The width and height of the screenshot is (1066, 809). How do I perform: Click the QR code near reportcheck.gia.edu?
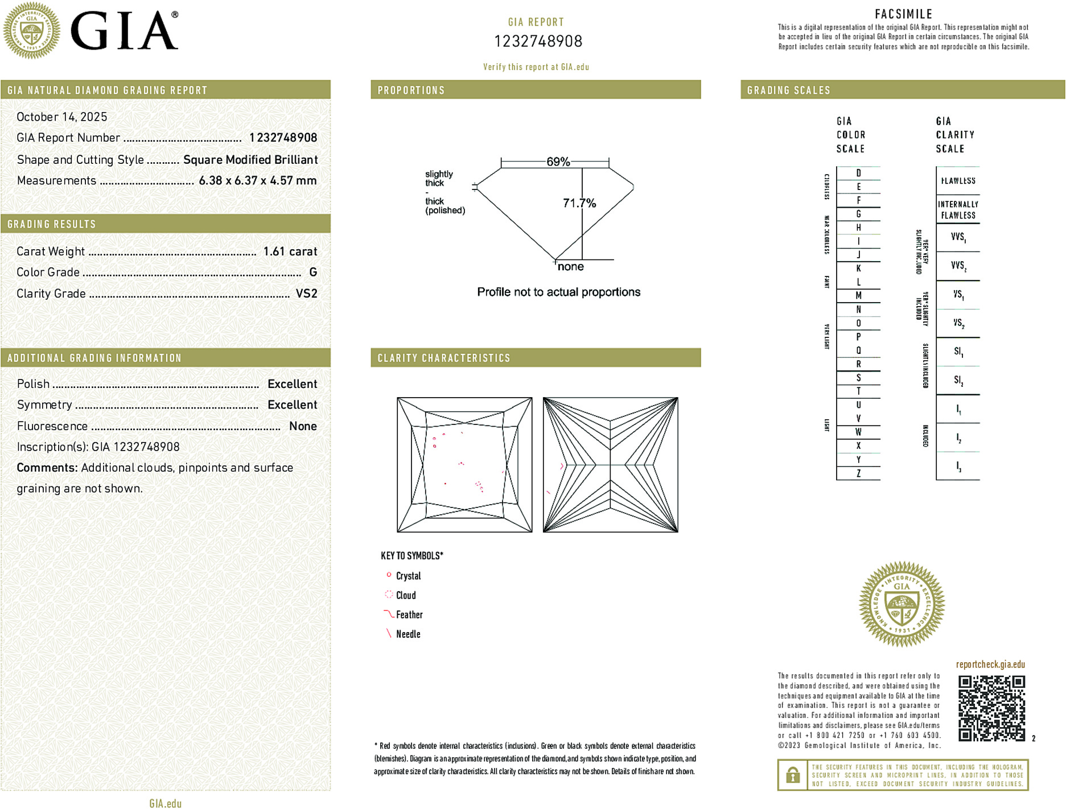click(991, 708)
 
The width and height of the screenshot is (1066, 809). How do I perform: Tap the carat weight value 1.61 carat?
click(290, 251)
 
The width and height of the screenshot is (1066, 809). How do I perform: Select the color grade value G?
click(312, 273)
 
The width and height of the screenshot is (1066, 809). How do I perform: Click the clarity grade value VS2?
click(306, 294)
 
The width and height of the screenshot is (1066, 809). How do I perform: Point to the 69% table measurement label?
click(558, 162)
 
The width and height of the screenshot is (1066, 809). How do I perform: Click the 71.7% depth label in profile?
click(579, 203)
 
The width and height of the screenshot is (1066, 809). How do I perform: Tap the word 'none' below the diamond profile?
click(570, 267)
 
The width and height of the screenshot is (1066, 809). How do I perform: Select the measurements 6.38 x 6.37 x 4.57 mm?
click(257, 181)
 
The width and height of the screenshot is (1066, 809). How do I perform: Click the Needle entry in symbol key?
click(408, 634)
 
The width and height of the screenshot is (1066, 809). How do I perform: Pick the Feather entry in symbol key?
click(409, 614)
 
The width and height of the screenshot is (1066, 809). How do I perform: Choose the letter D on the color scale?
click(858, 173)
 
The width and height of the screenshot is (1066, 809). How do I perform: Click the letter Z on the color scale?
click(858, 473)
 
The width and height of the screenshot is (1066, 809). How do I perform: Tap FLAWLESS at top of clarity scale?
click(958, 181)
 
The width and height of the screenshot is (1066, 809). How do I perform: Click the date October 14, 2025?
click(61, 117)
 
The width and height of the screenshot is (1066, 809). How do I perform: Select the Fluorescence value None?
click(303, 426)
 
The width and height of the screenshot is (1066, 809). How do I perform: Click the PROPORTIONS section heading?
click(411, 90)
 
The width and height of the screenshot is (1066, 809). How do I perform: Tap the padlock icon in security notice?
click(792, 775)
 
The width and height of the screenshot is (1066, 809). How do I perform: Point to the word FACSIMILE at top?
click(903, 14)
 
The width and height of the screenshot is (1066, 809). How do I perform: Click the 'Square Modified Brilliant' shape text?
click(250, 160)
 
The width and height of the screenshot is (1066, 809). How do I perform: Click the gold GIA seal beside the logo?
click(31, 30)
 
